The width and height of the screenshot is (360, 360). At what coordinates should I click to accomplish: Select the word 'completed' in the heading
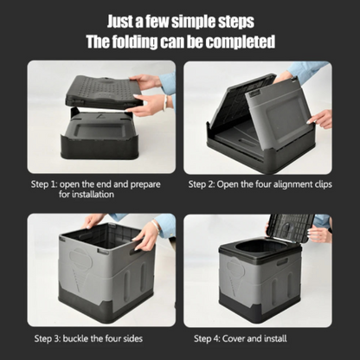pyautogui.click(x=241, y=42)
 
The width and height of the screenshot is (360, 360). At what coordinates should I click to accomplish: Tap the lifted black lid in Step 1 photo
pyautogui.click(x=100, y=92)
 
